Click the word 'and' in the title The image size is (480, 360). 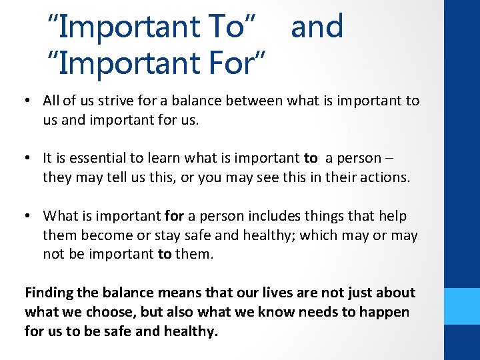[x=317, y=27]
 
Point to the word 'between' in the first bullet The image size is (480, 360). [x=256, y=101]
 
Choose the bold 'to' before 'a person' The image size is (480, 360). [x=311, y=158]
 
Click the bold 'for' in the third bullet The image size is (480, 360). [x=172, y=215]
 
